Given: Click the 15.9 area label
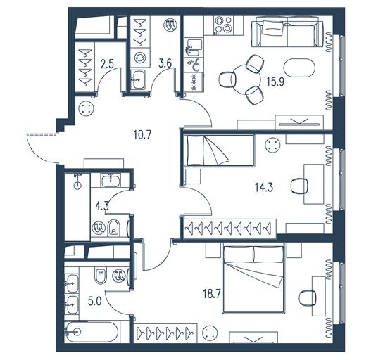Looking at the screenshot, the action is (275, 82).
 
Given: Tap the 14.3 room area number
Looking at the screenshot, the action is (264, 187).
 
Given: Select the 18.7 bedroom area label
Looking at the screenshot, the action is (211, 295).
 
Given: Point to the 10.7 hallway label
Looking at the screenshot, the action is (142, 135).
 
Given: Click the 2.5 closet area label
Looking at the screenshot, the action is (107, 64).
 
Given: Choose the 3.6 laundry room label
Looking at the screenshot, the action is (165, 63).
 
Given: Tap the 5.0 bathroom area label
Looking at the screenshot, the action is (94, 302).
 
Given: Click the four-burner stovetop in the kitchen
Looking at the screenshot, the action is (224, 25).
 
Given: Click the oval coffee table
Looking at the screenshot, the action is (299, 67).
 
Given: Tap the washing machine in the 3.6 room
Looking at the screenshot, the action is (140, 58).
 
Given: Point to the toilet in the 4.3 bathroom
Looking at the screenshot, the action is (114, 229).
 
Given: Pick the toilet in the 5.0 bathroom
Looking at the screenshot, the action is (101, 276).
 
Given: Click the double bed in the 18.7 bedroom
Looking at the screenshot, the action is (253, 280).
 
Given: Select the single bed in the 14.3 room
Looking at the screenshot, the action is (220, 150).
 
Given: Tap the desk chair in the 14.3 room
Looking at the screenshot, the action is (299, 186).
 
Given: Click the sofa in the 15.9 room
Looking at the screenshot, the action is (287, 34).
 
